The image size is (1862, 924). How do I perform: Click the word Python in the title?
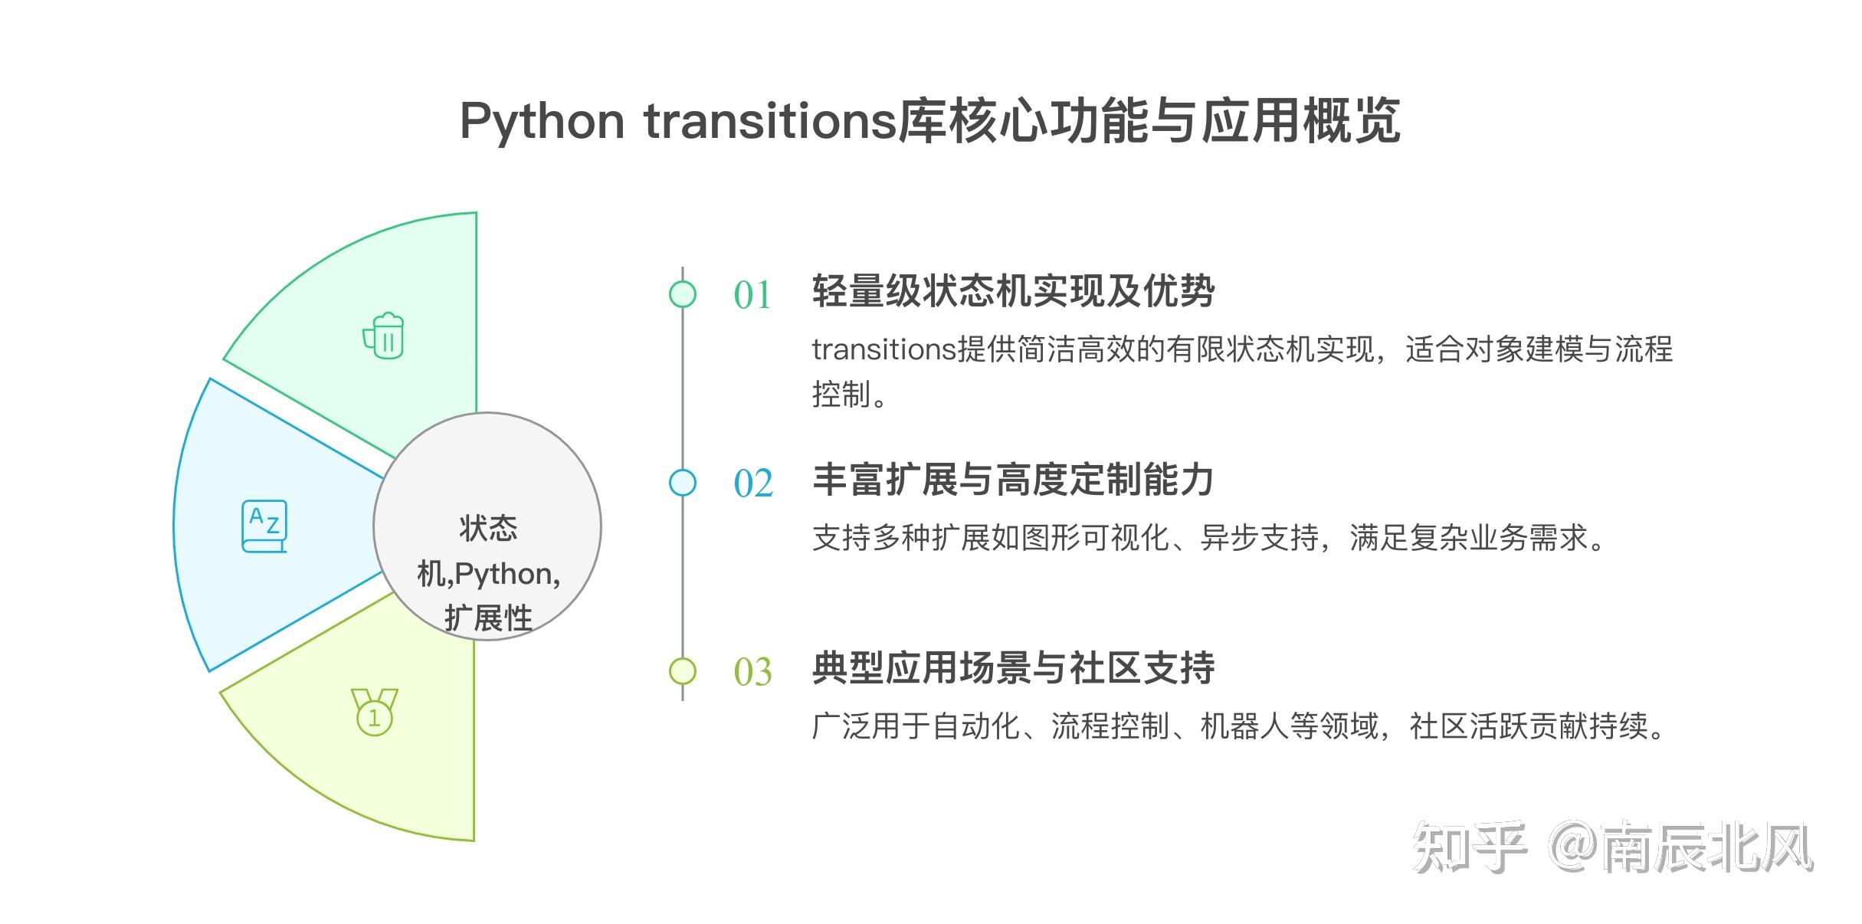[x=542, y=122]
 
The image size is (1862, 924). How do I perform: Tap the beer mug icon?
[x=384, y=336]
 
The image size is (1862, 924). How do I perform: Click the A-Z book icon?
[x=264, y=526]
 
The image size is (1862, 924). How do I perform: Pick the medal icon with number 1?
[x=374, y=712]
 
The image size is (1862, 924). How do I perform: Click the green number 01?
[x=752, y=295]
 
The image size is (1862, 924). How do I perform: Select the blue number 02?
[x=752, y=483]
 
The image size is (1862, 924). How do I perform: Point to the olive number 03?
[x=752, y=672]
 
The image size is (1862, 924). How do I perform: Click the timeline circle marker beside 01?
[x=682, y=294]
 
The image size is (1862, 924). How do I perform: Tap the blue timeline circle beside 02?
[x=682, y=483]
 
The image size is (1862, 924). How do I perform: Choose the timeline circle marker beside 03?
[x=682, y=671]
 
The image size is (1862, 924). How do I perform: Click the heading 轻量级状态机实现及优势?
[x=1013, y=291]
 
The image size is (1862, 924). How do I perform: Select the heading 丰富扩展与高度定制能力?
[x=1013, y=480]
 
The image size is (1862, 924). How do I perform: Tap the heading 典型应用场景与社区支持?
[x=1013, y=668]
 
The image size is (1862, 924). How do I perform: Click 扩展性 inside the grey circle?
[x=488, y=618]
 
